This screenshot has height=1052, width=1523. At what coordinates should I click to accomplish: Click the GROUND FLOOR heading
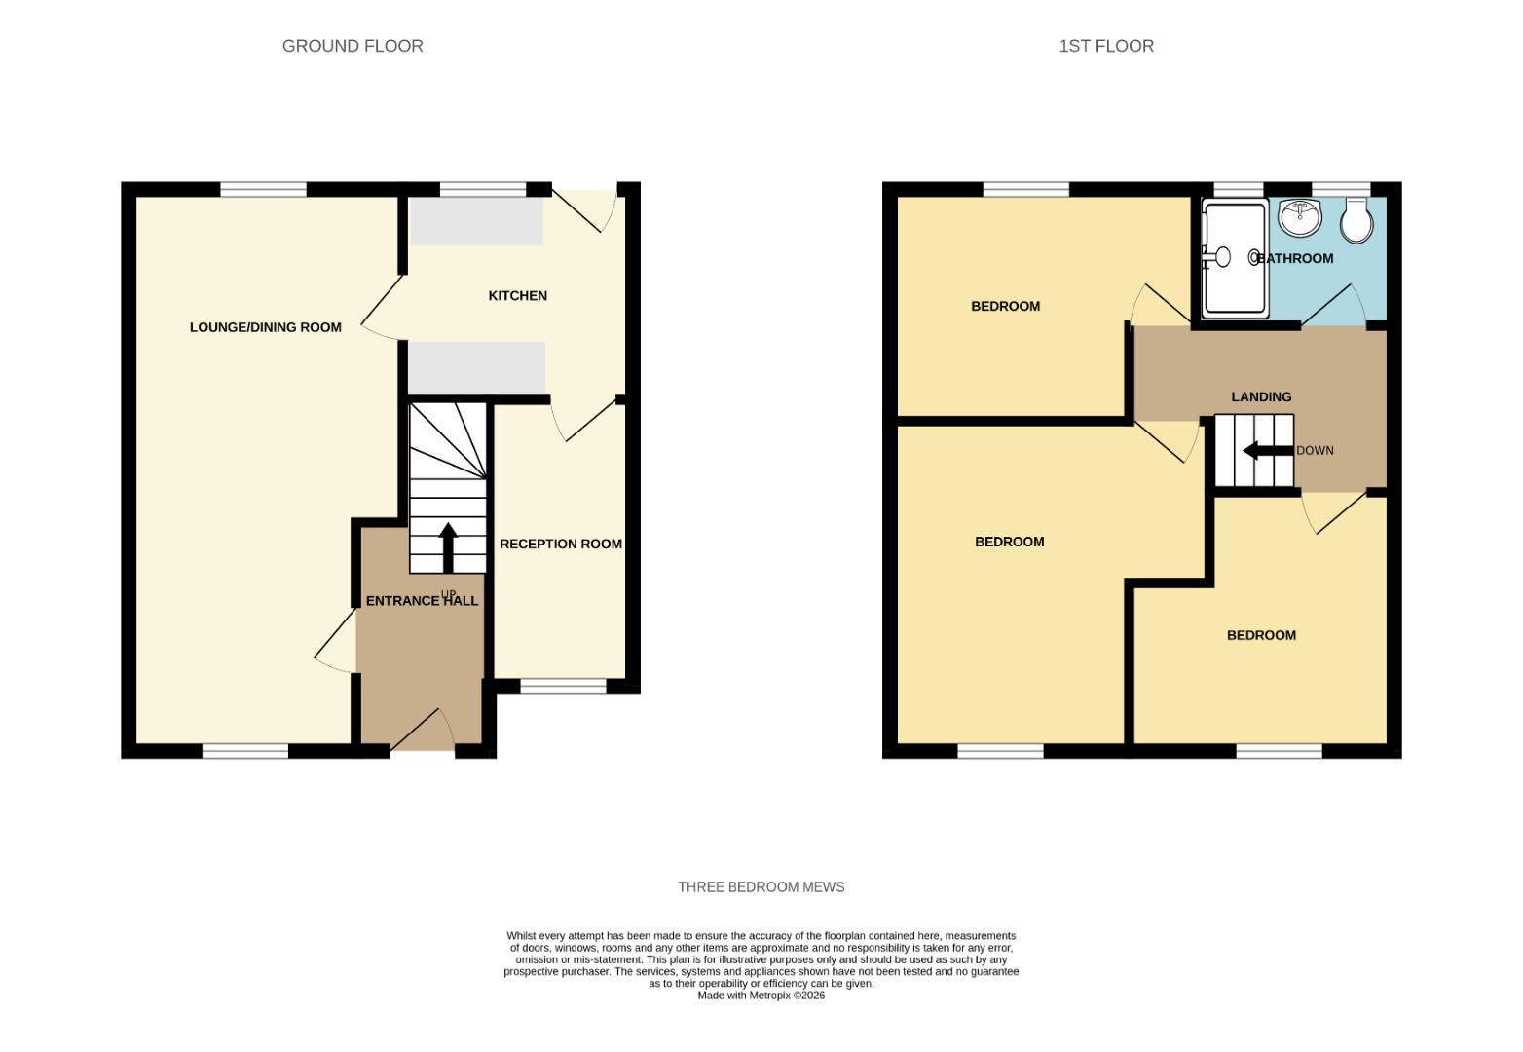[353, 46]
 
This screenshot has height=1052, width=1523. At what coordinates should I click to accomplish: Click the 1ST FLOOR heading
[1106, 46]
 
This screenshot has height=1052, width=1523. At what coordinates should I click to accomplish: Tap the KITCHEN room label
[517, 295]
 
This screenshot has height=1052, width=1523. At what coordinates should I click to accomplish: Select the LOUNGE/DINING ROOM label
[265, 327]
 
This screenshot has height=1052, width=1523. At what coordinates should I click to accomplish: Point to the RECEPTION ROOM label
[560, 544]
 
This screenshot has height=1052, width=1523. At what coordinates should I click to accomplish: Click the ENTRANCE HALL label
[422, 601]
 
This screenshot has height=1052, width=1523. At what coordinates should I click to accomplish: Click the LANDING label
[1261, 396]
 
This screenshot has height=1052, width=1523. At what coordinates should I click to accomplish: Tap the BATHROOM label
[1295, 258]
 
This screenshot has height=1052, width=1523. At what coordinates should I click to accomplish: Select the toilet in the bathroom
[1356, 220]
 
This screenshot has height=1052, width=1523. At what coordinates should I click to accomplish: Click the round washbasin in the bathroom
[1299, 217]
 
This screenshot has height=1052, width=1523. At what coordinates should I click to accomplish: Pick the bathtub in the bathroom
[1235, 258]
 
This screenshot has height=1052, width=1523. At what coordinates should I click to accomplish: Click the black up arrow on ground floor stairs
[448, 546]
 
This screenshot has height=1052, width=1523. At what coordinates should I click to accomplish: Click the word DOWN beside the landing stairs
[1315, 450]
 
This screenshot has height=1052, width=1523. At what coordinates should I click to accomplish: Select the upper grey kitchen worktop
[476, 221]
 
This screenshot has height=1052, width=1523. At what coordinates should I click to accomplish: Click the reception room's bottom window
[563, 687]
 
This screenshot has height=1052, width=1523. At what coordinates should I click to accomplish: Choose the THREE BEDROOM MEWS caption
[761, 886]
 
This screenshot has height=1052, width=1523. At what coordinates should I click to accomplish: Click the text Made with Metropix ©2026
[761, 996]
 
